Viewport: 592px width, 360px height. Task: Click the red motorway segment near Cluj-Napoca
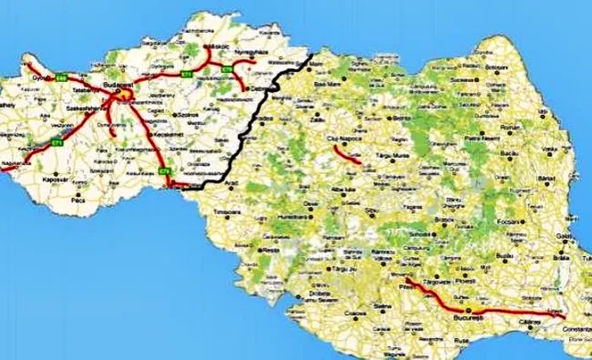[347, 155]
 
